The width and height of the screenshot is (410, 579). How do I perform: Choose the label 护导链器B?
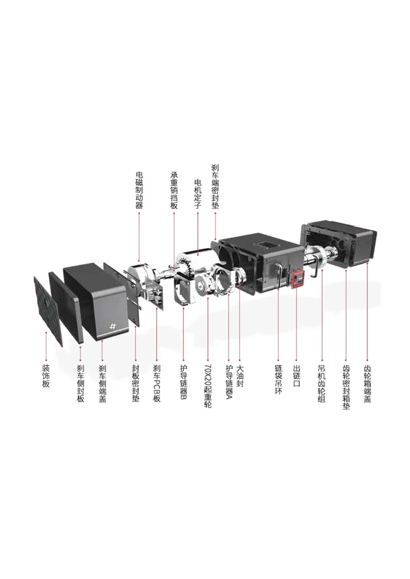point(184,382)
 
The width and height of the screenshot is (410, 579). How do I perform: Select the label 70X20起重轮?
point(207,385)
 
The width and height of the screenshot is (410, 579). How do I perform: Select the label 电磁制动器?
point(139,190)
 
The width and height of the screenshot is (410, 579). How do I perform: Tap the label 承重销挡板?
point(174,190)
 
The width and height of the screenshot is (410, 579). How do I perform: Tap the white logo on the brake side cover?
point(112,327)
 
